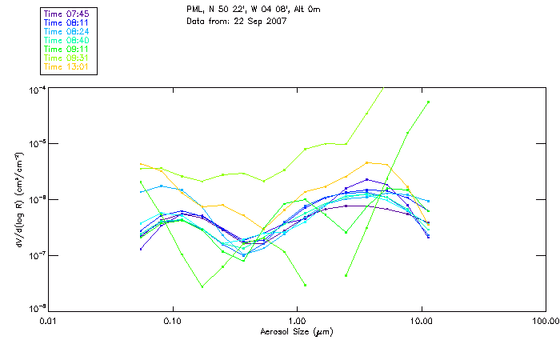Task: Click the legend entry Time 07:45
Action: click(67, 14)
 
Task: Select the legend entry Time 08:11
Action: click(67, 22)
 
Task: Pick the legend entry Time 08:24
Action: click(67, 31)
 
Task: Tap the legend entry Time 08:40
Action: click(67, 40)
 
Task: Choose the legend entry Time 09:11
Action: click(67, 49)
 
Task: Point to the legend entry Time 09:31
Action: click(67, 58)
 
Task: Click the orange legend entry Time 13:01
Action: click(67, 66)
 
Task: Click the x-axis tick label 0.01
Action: click(48, 321)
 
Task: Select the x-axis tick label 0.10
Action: click(172, 321)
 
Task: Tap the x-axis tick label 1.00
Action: click(297, 321)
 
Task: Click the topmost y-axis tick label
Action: click(36, 88)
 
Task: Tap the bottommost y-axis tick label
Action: click(36, 309)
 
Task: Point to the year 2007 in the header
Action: click(276, 21)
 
